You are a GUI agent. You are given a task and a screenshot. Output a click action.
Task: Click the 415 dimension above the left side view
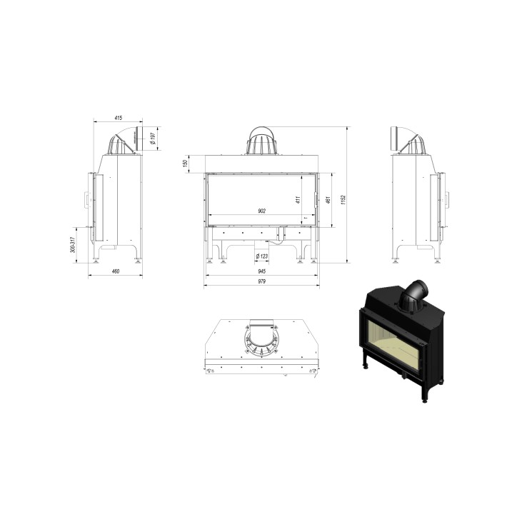coord(118,117)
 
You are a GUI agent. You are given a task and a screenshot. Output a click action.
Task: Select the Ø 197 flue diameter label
coord(154,138)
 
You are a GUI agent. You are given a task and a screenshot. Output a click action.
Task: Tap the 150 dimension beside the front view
coord(185,164)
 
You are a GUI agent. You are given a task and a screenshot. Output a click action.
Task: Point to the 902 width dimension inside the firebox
coord(261,211)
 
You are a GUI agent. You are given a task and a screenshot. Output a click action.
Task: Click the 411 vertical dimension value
coord(298,200)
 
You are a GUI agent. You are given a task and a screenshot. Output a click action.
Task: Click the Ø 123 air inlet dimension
coord(261,255)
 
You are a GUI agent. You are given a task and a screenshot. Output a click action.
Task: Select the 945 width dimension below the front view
coord(261,271)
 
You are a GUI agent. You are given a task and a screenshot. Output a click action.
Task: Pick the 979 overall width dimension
coord(261,282)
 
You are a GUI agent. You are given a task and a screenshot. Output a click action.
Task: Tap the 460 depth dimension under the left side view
coord(115,271)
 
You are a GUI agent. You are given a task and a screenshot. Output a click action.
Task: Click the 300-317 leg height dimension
coord(73,246)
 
